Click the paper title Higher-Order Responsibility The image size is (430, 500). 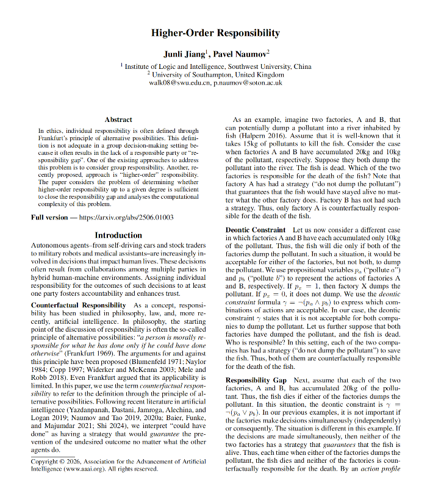coord(215,33)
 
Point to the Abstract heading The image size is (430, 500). coord(118,120)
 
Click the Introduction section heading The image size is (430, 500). coord(118,235)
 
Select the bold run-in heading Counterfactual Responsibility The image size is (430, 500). coord(80,304)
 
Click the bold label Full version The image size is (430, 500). coord(52,218)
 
